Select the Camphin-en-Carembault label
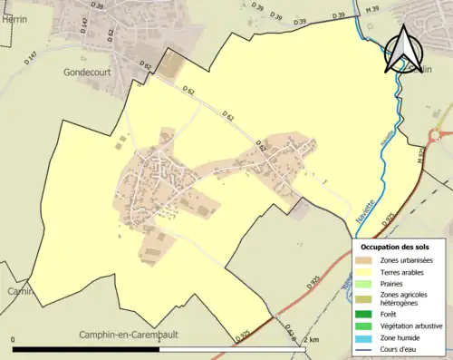click(x=129, y=334)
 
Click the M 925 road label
click(x=419, y=155)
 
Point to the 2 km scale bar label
click(x=313, y=339)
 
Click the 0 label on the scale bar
click(x=14, y=339)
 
